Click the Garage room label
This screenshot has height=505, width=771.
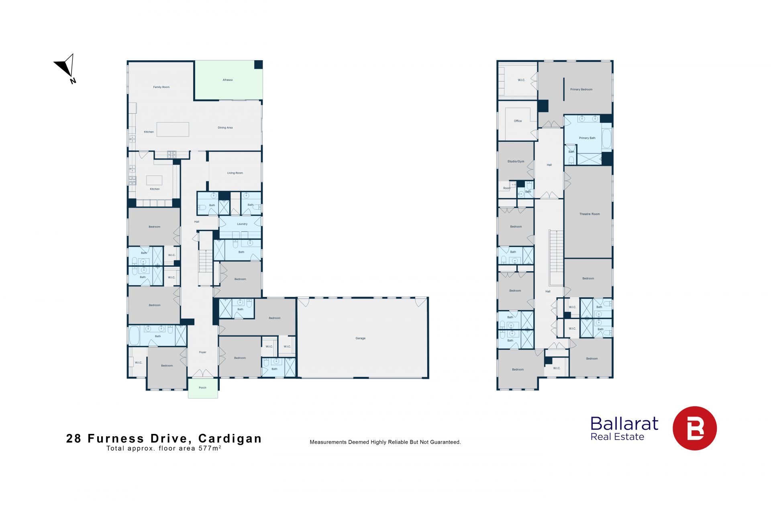tap(360, 338)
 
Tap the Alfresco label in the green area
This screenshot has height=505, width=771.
tap(228, 80)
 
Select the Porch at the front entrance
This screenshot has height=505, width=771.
tap(203, 388)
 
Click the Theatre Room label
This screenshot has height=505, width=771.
tap(589, 214)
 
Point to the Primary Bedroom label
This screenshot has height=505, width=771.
tap(581, 90)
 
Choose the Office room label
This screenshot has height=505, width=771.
tap(518, 121)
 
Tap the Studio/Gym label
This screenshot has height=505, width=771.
tap(516, 162)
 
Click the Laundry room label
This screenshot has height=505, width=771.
tap(242, 224)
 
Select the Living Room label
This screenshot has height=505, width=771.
tap(235, 173)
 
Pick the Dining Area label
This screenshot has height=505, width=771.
tap(225, 128)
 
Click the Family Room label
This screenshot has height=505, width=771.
tap(161, 87)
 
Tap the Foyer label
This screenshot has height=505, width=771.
tap(202, 352)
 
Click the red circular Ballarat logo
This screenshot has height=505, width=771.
tap(694, 428)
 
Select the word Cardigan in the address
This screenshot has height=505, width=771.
tap(230, 438)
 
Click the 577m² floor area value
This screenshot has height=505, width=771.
tap(210, 448)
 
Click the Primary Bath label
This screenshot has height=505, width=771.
tap(587, 138)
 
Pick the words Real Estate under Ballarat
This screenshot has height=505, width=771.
tap(617, 437)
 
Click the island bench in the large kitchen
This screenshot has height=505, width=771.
tap(173, 129)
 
